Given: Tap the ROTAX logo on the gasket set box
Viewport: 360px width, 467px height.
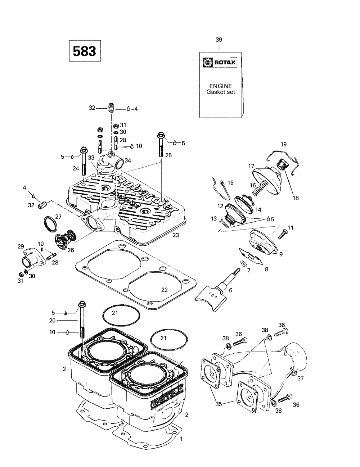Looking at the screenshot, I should click(221, 62).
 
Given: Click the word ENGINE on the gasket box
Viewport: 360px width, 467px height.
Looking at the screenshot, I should click(221, 86).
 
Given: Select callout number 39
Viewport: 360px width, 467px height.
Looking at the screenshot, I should click(219, 40).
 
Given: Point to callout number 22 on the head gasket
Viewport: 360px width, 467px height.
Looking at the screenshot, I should click(165, 290).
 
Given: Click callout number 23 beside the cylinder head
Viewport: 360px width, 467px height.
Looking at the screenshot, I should click(176, 235).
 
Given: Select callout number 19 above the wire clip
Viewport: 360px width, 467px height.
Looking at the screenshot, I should click(284, 144).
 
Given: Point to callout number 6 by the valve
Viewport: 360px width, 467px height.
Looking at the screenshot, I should click(230, 290).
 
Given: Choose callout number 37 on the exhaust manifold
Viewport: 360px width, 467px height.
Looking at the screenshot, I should click(301, 378).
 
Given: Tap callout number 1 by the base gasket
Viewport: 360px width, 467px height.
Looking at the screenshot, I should click(181, 439).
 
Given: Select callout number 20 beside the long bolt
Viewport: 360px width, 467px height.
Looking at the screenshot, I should click(52, 321).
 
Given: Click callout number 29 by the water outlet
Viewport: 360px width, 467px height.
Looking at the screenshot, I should click(21, 246).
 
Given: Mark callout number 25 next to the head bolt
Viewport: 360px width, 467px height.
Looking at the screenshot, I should click(168, 155).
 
